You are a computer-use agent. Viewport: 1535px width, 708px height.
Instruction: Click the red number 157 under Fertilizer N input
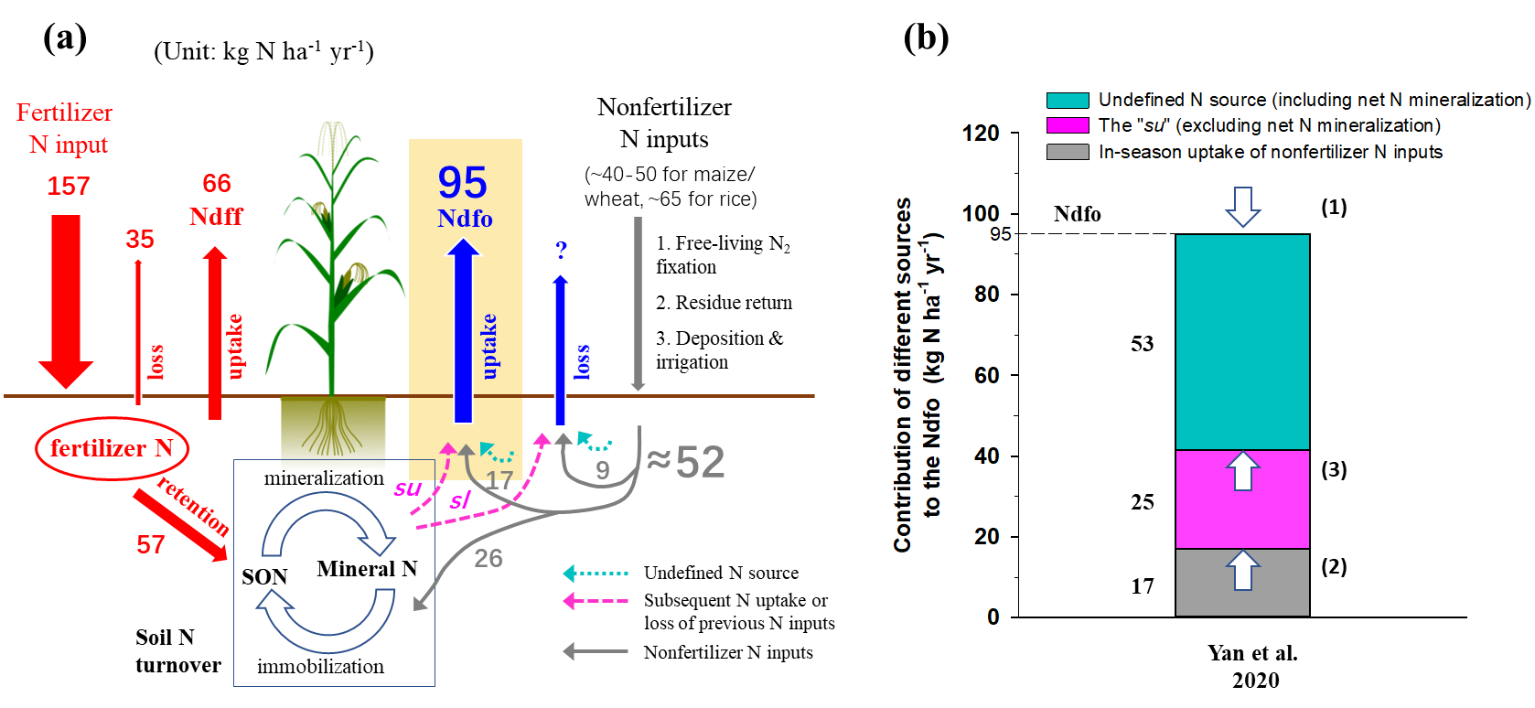tap(69, 187)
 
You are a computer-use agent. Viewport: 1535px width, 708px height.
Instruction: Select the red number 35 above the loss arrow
tap(140, 240)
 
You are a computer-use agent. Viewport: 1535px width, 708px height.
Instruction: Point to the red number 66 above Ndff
tap(217, 184)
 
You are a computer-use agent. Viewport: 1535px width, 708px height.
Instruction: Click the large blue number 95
tap(463, 183)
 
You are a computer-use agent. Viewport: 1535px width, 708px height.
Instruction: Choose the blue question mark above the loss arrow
tap(561, 250)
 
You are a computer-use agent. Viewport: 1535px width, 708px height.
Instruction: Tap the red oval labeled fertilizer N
tap(112, 448)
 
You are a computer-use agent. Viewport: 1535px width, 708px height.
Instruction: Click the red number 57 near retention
tap(151, 545)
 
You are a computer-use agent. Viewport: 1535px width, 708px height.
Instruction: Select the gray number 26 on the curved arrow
tap(488, 558)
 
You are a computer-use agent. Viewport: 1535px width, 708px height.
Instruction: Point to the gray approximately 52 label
tap(686, 462)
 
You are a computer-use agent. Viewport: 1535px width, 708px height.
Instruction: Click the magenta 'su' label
tap(408, 488)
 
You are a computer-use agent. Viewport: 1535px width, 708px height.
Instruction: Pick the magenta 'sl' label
tap(459, 499)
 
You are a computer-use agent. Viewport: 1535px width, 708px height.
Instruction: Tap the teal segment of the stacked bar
tap(1242, 342)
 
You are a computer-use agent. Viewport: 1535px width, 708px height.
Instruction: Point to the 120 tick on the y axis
tap(981, 134)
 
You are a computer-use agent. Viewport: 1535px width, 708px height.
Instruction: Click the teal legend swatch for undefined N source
tap(1068, 101)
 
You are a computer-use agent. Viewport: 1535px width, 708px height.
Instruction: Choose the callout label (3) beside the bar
tap(1334, 470)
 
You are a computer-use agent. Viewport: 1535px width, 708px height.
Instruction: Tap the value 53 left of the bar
tap(1143, 344)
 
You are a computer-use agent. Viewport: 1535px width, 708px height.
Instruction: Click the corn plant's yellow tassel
tap(332, 139)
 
